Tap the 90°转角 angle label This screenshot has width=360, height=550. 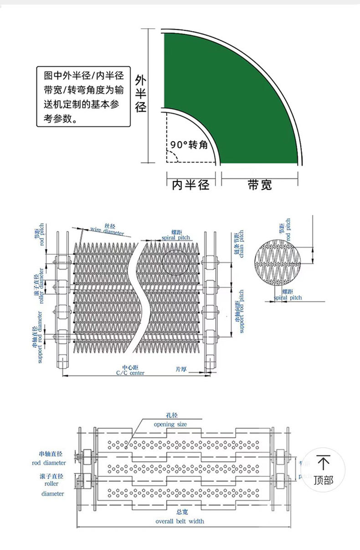(189, 145)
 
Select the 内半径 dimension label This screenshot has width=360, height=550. (190, 185)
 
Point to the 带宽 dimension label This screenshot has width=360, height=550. (260, 185)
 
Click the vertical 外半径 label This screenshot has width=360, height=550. (140, 94)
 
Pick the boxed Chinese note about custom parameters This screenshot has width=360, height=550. (83, 97)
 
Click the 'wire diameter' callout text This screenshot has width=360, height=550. (107, 231)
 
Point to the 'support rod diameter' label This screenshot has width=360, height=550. (37, 337)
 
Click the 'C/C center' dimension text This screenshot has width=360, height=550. (130, 372)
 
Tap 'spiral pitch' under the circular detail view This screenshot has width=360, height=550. (288, 297)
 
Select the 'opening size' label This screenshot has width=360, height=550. (170, 424)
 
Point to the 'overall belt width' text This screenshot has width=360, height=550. (180, 521)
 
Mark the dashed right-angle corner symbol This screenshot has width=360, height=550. (172, 157)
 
